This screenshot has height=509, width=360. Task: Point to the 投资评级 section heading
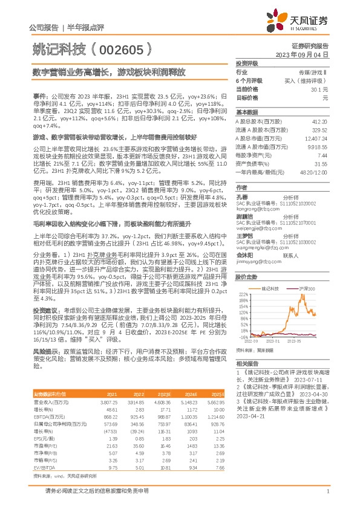247,63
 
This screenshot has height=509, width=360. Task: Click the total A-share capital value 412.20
319,122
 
